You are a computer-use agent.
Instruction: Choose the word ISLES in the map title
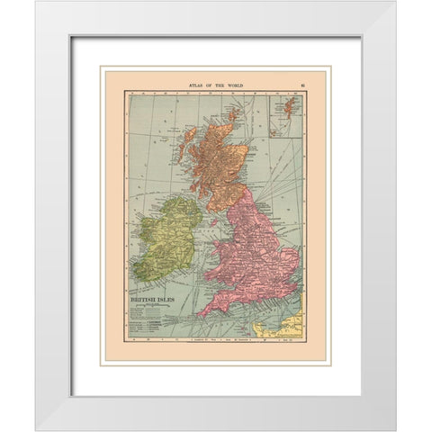[168, 294]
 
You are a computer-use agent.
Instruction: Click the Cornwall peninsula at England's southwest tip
[207, 310]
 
